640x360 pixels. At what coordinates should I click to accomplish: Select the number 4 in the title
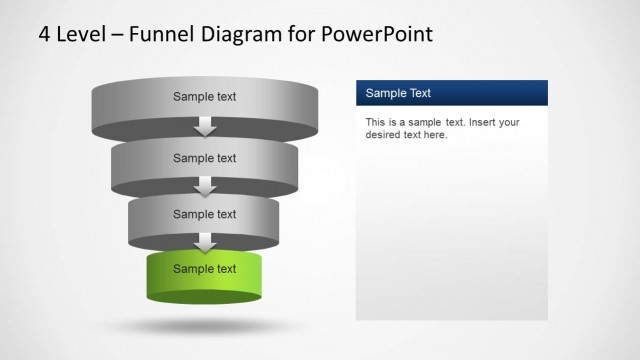(x=45, y=35)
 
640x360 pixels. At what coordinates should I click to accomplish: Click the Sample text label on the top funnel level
(x=205, y=97)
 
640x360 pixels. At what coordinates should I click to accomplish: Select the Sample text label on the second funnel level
(x=205, y=158)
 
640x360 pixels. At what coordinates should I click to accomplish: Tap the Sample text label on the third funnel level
(x=205, y=214)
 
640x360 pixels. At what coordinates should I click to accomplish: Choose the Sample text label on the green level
(x=205, y=269)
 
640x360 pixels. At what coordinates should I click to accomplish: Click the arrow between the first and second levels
(x=205, y=127)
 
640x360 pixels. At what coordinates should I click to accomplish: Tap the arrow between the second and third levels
(x=205, y=186)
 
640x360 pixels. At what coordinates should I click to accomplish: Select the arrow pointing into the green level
(x=205, y=242)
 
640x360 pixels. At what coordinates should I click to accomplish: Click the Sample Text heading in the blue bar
(x=398, y=93)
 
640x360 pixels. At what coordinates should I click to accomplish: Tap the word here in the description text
(x=435, y=135)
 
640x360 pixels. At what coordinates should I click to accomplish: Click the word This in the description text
(x=376, y=122)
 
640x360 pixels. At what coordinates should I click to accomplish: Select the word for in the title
(x=304, y=35)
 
